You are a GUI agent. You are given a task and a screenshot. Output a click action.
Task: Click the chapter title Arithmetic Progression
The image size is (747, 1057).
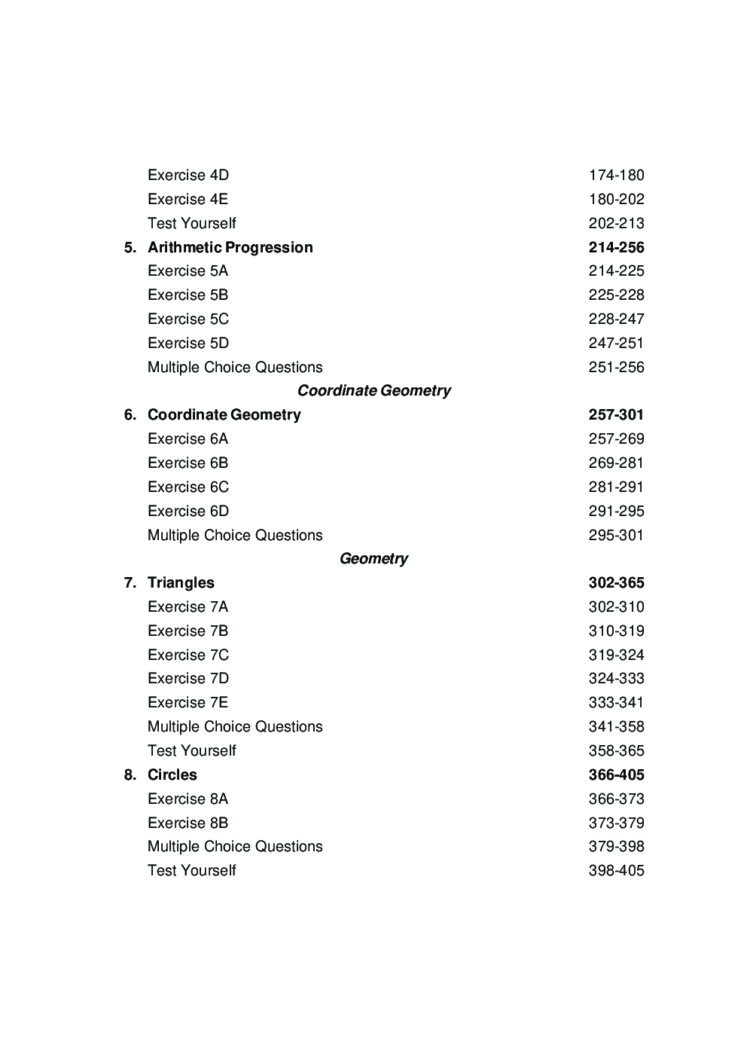click(x=230, y=247)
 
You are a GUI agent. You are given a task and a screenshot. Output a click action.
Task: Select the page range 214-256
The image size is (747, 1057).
click(x=616, y=247)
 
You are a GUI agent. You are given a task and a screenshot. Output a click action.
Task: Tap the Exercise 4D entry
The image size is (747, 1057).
click(x=188, y=175)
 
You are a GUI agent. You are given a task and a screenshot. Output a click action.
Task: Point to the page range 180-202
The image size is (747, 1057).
click(x=616, y=199)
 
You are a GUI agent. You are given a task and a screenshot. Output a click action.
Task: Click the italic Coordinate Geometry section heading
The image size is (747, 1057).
click(x=373, y=390)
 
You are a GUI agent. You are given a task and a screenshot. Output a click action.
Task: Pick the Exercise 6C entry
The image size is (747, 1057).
click(x=188, y=487)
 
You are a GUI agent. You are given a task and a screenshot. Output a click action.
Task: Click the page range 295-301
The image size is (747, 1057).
click(x=616, y=535)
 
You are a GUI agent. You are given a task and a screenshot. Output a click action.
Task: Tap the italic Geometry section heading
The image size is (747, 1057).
click(x=373, y=558)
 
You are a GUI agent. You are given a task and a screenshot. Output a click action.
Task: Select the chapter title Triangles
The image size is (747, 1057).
click(x=181, y=582)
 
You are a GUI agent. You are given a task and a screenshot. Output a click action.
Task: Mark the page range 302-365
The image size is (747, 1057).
click(x=616, y=582)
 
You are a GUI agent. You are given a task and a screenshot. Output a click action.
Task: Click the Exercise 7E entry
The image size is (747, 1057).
click(x=188, y=702)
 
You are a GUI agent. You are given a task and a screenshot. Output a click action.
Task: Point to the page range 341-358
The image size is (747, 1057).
click(x=616, y=726)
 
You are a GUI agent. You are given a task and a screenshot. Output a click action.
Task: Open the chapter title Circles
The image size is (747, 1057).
click(x=172, y=774)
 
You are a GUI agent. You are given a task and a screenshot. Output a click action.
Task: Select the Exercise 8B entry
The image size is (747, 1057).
click(x=188, y=823)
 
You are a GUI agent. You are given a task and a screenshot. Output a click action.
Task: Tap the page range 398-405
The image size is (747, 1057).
click(x=616, y=870)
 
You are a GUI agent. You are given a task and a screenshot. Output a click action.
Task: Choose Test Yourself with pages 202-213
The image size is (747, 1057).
click(x=191, y=223)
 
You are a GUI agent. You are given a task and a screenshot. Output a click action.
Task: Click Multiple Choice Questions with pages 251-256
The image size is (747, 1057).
click(x=235, y=367)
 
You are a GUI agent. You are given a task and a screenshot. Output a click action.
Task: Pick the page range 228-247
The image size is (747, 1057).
click(x=616, y=319)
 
